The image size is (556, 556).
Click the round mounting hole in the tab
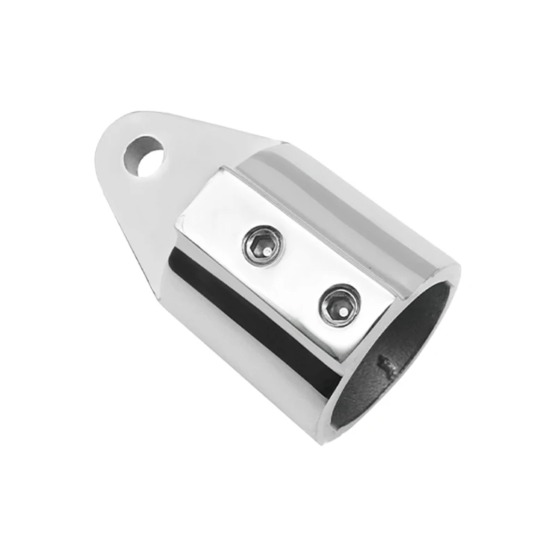(x=144, y=156)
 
